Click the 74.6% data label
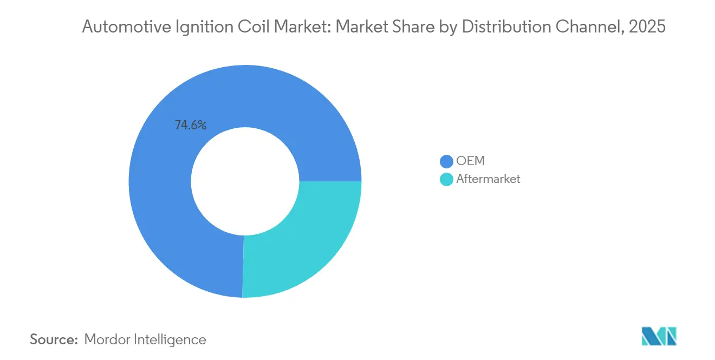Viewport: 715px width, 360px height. tap(190, 125)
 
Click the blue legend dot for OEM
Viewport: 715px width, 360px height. tap(446, 161)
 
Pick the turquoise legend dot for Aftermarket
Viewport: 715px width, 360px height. tap(446, 179)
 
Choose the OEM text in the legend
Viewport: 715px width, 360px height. tap(470, 161)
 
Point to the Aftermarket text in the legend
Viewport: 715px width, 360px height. tap(488, 179)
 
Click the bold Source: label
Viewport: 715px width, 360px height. tap(54, 339)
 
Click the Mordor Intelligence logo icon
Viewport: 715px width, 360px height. tap(659, 336)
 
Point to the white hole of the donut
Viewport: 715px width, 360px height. tap(245, 181)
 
